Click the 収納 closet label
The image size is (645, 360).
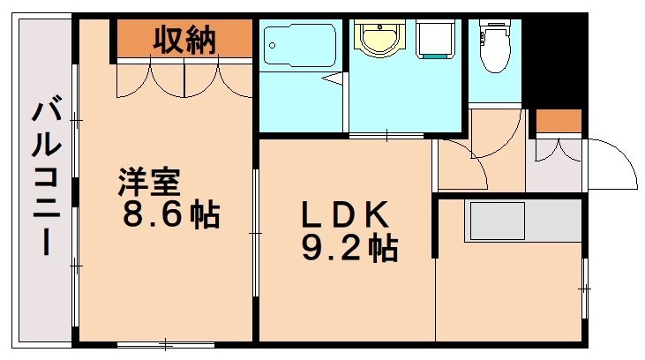pos(184,40)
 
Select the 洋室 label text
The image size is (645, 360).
pos(150,184)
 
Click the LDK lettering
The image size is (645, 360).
pos(344,214)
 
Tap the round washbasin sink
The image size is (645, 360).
pos(379,37)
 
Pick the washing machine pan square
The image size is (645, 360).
pos(433,40)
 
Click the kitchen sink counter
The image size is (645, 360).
pos(497,221)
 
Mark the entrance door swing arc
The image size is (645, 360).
pos(614,164)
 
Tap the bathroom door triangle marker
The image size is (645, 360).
pos(334,79)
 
